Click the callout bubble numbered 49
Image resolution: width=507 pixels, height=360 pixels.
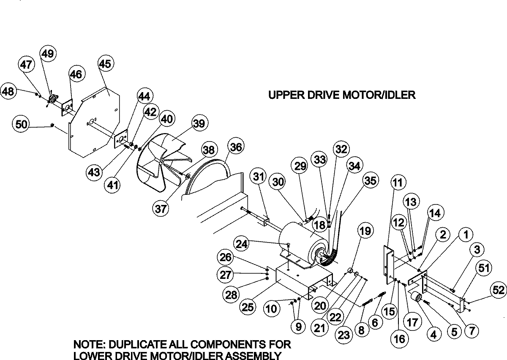[47, 54]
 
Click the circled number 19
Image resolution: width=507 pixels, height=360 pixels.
[366, 231]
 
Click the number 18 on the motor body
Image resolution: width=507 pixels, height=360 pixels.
[321, 225]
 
